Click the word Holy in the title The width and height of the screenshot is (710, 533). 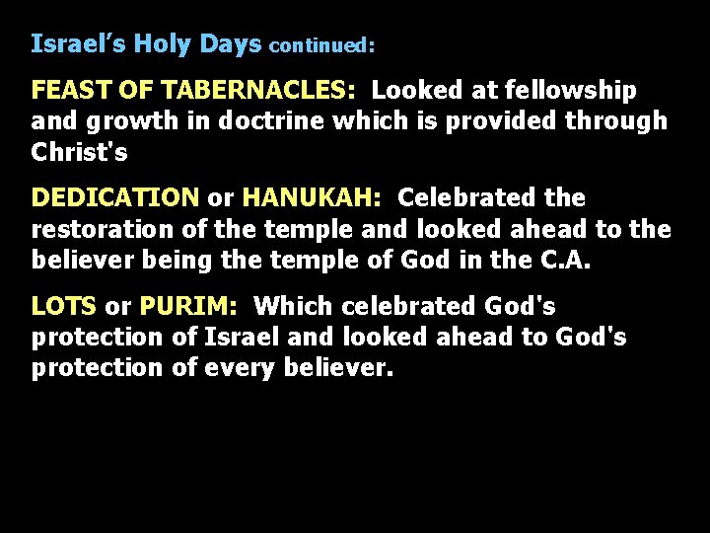(164, 43)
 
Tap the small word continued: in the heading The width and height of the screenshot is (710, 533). (321, 45)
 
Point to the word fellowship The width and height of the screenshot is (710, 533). (570, 91)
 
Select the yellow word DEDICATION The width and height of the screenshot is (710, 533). (115, 198)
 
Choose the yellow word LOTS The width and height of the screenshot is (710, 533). (64, 307)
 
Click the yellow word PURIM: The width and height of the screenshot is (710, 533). (188, 307)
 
